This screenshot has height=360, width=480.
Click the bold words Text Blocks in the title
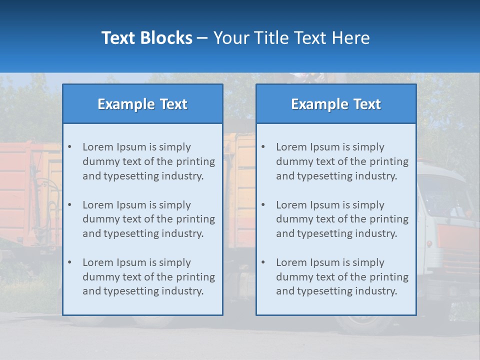coord(146,38)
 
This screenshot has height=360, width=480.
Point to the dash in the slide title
coord(202,38)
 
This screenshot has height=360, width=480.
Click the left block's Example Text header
coord(142,104)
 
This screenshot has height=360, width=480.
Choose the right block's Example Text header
coord(336,104)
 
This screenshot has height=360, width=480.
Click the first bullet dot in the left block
coord(69,147)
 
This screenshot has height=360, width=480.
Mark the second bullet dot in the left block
coord(69,205)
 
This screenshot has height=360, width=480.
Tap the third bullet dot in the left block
coord(69,262)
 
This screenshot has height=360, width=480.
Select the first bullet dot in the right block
coord(263,147)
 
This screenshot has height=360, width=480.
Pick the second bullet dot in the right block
coord(263,205)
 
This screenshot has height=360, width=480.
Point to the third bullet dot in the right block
coord(263,262)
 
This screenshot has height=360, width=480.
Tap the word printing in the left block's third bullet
coord(195,277)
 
